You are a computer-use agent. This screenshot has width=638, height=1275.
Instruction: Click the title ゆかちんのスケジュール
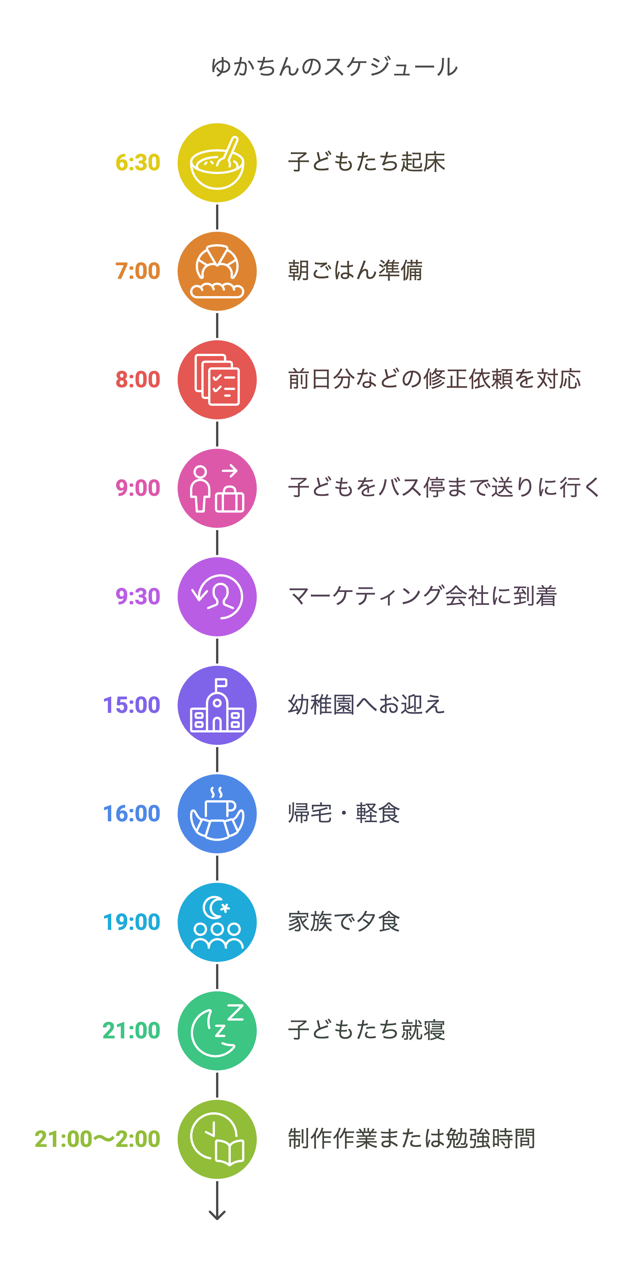(334, 67)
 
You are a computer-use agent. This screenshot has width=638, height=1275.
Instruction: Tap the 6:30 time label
(138, 162)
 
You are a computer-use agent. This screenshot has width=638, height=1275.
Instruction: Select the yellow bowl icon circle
(217, 163)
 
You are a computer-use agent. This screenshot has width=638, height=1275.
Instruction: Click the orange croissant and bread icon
(217, 271)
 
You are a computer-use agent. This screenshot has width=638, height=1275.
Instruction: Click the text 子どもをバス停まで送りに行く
(444, 488)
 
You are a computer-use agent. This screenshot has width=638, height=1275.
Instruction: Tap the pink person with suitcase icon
(217, 488)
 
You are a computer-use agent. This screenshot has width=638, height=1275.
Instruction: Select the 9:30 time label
(138, 596)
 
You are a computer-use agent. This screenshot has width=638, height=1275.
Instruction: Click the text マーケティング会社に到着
(423, 596)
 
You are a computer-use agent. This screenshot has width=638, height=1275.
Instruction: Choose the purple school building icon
(217, 705)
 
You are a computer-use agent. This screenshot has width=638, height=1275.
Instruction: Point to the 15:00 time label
(131, 705)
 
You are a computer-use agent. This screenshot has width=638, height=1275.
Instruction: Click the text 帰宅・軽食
(344, 813)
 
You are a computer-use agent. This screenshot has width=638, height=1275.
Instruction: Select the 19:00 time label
(131, 922)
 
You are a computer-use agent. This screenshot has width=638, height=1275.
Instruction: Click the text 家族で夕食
(344, 922)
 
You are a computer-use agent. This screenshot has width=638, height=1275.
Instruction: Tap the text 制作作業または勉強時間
(412, 1138)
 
